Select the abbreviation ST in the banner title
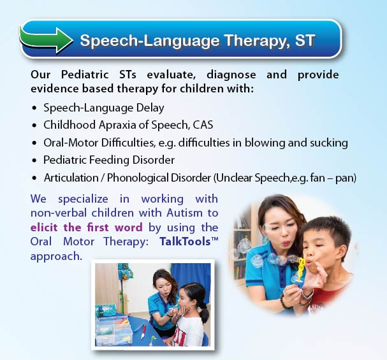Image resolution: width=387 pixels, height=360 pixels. pyautogui.click(x=305, y=40)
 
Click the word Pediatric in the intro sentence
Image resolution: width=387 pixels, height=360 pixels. pyautogui.click(x=85, y=75)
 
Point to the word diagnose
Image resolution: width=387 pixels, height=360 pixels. pyautogui.click(x=231, y=75)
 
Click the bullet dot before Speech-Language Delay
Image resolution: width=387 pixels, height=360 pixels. pyautogui.click(x=34, y=108)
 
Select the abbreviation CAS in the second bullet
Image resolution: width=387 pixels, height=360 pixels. pyautogui.click(x=203, y=125)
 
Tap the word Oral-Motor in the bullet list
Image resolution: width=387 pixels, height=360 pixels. pyautogui.click(x=71, y=143)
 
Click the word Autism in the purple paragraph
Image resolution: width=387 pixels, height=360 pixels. pyautogui.click(x=185, y=213)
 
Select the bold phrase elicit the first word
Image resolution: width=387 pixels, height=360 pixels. pyautogui.click(x=86, y=227)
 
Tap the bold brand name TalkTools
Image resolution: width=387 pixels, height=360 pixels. pyautogui.click(x=185, y=241)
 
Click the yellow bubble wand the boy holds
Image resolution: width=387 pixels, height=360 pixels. pyautogui.click(x=301, y=270)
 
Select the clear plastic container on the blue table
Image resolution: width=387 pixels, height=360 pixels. pyautogui.click(x=113, y=331)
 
